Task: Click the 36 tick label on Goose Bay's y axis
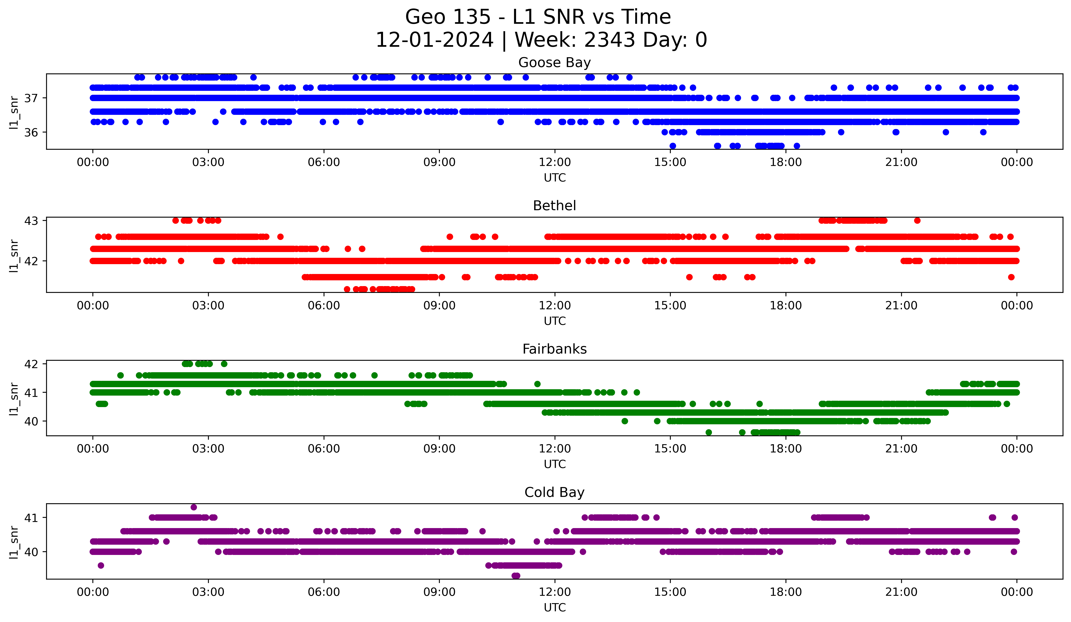31,133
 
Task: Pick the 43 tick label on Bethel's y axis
31,221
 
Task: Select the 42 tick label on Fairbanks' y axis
31,364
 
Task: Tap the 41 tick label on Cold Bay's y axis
31,518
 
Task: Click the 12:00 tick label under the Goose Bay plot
555,162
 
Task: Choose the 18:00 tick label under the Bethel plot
785,306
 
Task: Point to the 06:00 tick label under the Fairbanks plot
324,449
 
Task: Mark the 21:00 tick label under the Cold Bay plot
901,592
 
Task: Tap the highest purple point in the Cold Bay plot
194,507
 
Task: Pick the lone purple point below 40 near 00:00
101,565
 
